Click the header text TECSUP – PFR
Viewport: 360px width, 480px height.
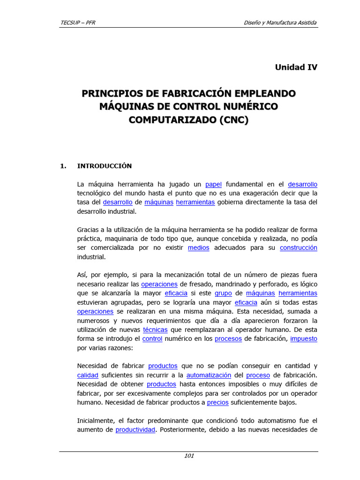click(78, 22)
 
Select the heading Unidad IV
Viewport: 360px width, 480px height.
click(296, 67)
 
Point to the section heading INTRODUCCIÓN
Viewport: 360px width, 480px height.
click(105, 166)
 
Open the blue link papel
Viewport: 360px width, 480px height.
click(213, 184)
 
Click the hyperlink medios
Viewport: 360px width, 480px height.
click(198, 248)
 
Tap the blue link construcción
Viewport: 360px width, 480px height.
click(299, 248)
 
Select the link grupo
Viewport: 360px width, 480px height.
click(224, 293)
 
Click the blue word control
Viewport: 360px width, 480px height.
click(152, 338)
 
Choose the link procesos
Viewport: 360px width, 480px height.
click(228, 338)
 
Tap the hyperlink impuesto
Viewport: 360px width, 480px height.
click(304, 338)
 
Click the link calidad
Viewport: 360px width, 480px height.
click(88, 375)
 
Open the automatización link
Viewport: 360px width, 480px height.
click(209, 375)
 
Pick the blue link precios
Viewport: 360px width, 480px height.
click(218, 402)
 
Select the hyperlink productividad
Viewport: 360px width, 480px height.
click(135, 429)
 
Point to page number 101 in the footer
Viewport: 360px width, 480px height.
click(189, 456)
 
